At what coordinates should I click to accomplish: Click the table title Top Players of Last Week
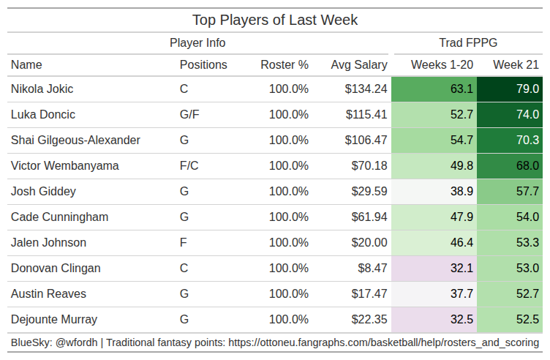(275, 20)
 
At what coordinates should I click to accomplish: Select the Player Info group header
(197, 43)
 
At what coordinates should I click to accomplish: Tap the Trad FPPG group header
(468, 43)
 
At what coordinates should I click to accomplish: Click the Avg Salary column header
(359, 65)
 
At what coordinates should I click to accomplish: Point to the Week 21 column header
(516, 65)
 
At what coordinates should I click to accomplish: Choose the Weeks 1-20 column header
(442, 65)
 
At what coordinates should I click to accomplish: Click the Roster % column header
(285, 65)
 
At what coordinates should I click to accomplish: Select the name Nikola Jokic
(42, 89)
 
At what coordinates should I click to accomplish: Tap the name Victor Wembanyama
(65, 165)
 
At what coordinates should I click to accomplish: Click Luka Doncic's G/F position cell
(189, 115)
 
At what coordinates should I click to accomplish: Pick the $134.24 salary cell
(366, 89)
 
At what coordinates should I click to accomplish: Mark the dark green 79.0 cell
(510, 89)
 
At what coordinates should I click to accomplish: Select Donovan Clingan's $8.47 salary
(372, 268)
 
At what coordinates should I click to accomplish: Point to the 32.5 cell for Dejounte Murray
(434, 319)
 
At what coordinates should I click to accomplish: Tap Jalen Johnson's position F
(183, 242)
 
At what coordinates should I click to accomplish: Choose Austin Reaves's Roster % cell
(289, 293)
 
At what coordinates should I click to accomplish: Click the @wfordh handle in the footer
(77, 343)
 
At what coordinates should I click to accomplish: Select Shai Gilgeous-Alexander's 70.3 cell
(510, 140)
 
